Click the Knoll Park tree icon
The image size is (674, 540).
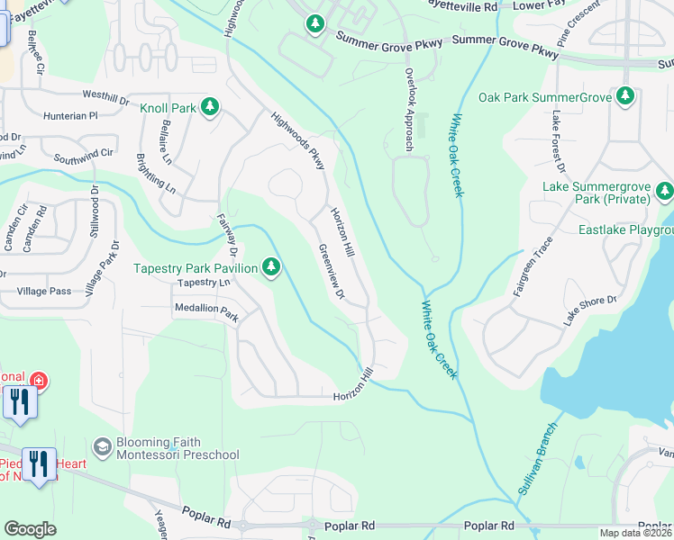209,109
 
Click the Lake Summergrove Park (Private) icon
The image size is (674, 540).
665,190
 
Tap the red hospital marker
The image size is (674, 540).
39,381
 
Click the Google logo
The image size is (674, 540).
30,529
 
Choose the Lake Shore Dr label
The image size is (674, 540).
590,310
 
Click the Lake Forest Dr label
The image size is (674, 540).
558,143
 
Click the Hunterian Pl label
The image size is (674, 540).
68,116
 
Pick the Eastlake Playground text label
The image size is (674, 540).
625,230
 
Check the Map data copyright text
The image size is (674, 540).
636,533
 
